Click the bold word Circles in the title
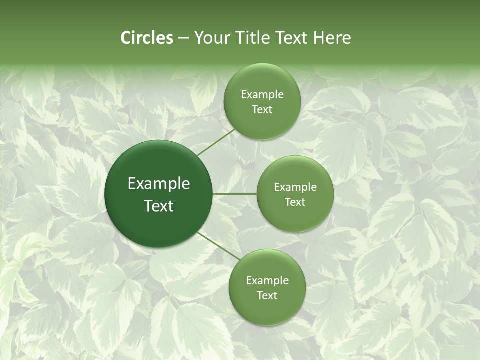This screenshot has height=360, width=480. (x=146, y=38)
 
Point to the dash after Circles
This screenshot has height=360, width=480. (x=183, y=38)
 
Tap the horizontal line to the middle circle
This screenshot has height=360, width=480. (x=234, y=194)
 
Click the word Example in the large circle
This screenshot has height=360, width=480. (x=159, y=184)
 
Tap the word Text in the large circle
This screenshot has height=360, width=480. (x=159, y=206)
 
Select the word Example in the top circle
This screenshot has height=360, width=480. (x=262, y=95)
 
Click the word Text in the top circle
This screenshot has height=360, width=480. (x=262, y=110)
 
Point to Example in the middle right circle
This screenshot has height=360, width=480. (x=295, y=187)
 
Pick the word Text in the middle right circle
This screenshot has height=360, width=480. (x=295, y=202)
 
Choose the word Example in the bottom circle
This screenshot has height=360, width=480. (x=267, y=281)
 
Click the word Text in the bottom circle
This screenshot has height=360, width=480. (x=267, y=296)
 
